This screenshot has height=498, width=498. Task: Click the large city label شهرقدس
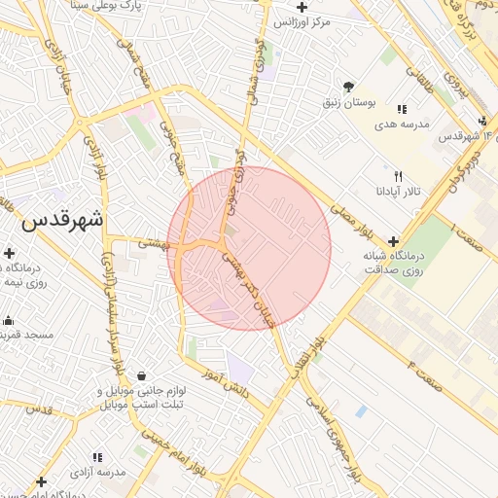pos(61,220)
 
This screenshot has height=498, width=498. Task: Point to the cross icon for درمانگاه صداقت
pos(393,241)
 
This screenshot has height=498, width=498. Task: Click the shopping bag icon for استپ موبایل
pos(143,375)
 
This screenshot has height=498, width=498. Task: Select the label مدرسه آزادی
pos(97,472)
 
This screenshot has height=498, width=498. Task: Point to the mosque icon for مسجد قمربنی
pos(9,320)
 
